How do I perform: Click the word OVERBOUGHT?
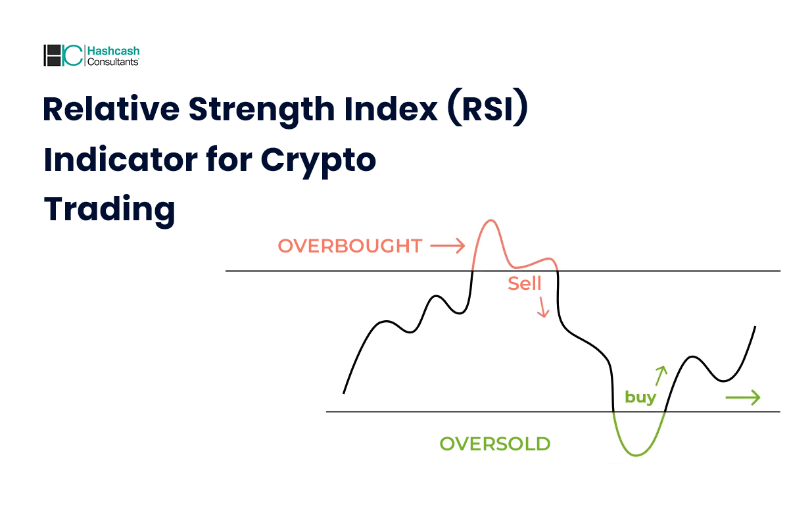[x=350, y=246]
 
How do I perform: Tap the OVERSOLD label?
[x=495, y=444]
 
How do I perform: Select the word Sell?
[x=524, y=283]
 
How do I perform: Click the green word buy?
[x=640, y=398]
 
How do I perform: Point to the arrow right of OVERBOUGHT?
[x=447, y=245]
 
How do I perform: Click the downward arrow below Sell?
[x=543, y=307]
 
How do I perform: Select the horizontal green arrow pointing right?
[x=743, y=398]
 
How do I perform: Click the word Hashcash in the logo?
[x=113, y=51]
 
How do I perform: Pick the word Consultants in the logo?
[x=112, y=62]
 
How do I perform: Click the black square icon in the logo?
[x=52, y=55]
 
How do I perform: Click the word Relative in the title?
[x=111, y=109]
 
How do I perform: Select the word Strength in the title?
[x=262, y=110]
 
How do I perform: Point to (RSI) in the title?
[x=488, y=107]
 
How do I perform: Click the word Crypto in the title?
[x=318, y=162]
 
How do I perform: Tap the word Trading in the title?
[x=110, y=210]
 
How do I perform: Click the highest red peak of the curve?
[x=490, y=220]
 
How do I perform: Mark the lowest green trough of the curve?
[x=636, y=456]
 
